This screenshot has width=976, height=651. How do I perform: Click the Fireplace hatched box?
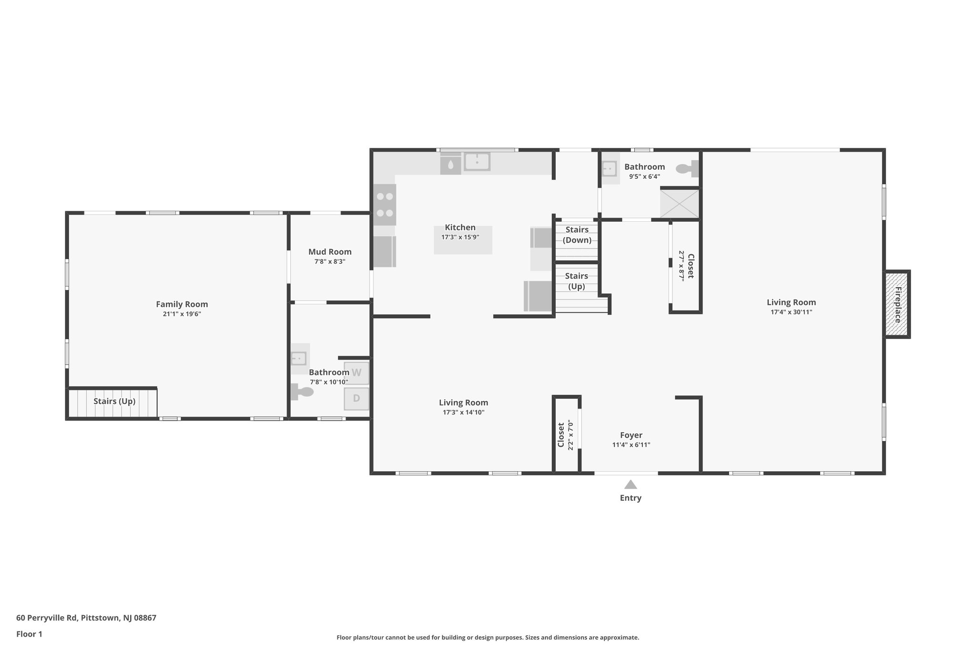pyautogui.click(x=897, y=304)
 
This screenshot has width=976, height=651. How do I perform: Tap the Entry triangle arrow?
pyautogui.click(x=630, y=485)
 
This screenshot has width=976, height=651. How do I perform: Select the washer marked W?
pyautogui.click(x=356, y=373)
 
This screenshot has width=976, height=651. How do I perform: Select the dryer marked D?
pyautogui.click(x=356, y=398)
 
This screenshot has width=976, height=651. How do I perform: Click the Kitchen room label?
pyautogui.click(x=460, y=227)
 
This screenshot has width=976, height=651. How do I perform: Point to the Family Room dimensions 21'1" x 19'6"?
pyautogui.click(x=182, y=314)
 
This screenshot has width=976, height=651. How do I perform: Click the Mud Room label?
pyautogui.click(x=330, y=252)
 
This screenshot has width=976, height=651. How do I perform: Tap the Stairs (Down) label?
pyautogui.click(x=577, y=235)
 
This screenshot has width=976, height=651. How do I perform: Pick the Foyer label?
pyautogui.click(x=631, y=435)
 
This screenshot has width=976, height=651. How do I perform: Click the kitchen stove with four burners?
pyautogui.click(x=385, y=205)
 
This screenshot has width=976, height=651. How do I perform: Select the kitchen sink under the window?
pyautogui.click(x=477, y=162)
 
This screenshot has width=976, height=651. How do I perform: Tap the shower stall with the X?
pyautogui.click(x=679, y=204)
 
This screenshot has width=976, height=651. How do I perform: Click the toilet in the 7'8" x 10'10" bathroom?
pyautogui.click(x=302, y=392)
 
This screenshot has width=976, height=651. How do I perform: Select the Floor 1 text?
pyautogui.click(x=29, y=634)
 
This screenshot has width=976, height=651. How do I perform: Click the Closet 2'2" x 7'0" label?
pyautogui.click(x=566, y=434)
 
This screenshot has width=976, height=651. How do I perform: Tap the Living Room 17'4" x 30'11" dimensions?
pyautogui.click(x=791, y=312)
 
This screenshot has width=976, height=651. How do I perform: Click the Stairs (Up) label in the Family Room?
pyautogui.click(x=114, y=401)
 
